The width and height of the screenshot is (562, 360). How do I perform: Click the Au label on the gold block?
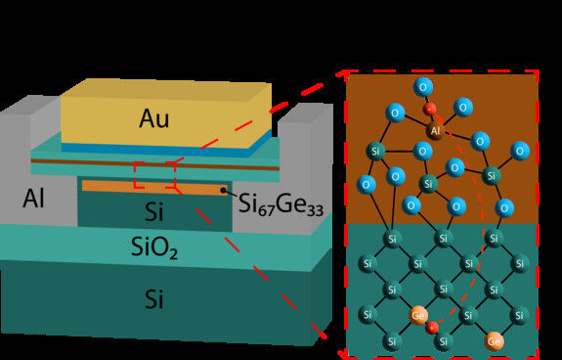click(154, 119)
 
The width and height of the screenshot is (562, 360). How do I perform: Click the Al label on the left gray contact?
click(34, 200)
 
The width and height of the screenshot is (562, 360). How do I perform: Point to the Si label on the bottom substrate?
click(154, 299)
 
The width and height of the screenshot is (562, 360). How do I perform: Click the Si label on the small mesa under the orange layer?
click(154, 210)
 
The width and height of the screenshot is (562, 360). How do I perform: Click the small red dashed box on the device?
click(154, 174)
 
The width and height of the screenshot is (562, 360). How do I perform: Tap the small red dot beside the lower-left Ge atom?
click(433, 327)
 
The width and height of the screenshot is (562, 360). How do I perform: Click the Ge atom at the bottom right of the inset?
click(496, 340)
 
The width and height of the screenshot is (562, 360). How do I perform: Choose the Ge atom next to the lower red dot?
click(418, 315)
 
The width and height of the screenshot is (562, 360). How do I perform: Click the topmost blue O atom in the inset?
click(422, 86)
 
